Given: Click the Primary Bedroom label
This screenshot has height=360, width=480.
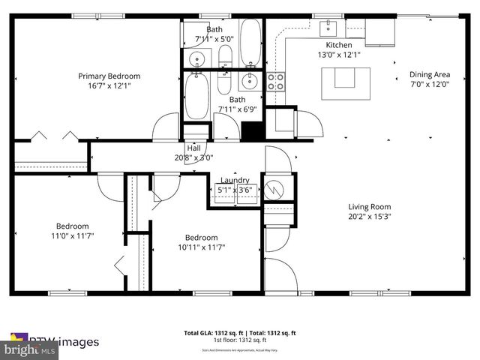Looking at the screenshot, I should point(110,76).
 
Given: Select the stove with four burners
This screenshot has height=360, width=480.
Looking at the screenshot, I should point(276,81).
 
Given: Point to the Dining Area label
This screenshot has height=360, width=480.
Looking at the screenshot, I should point(429,74).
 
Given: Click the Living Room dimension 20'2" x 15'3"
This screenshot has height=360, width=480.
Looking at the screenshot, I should point(370,217).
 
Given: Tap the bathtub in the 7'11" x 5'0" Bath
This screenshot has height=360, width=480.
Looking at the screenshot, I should point(250,34).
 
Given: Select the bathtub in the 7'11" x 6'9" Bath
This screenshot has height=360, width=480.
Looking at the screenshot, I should point(198,96).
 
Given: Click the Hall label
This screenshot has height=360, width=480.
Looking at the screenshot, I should point(193,148).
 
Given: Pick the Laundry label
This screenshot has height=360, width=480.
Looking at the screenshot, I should point(234,180).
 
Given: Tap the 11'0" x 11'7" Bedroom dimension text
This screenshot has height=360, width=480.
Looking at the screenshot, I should point(72,235).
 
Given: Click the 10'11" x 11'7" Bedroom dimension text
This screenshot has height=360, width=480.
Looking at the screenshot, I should point(202,247).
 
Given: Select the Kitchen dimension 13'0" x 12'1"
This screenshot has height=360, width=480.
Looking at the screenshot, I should point(334,55).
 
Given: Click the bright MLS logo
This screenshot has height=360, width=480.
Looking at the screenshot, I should point(30,349).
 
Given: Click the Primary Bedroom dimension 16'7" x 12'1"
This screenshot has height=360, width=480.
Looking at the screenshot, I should point(110,85).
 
